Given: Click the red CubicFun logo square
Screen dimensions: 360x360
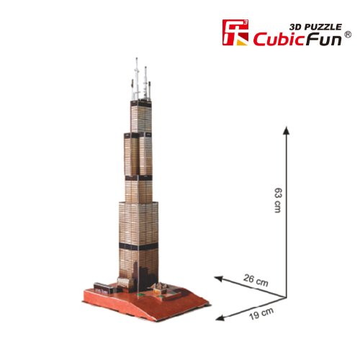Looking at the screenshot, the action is coord(235,32).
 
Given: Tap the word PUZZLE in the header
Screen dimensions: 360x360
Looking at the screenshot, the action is coord(322,27).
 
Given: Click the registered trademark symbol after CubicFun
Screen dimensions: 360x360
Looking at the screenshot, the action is coord(348,35).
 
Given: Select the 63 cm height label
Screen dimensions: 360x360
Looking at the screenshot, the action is coord(278,200).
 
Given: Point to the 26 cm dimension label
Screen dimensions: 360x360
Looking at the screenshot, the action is coord(256,280).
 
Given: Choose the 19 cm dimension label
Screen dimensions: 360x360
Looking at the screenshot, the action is coord(261,313).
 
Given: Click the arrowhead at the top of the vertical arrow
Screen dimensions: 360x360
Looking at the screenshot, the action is coord(286,131).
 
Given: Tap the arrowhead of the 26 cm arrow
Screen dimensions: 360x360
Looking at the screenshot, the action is coord(219,279).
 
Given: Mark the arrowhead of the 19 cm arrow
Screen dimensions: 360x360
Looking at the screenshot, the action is coord(220,318).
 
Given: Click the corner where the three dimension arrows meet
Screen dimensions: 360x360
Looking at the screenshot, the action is coord(286,298).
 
